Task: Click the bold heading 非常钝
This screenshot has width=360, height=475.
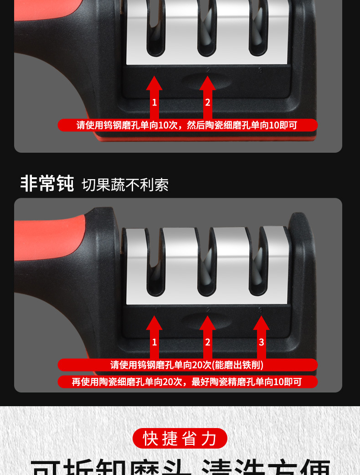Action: (47, 183)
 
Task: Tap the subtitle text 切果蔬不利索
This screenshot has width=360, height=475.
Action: (125, 185)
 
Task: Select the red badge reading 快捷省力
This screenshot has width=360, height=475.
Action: (180, 438)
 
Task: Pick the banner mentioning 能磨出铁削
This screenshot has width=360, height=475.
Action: (187, 365)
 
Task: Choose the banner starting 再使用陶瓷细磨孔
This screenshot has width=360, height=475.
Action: (187, 382)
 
